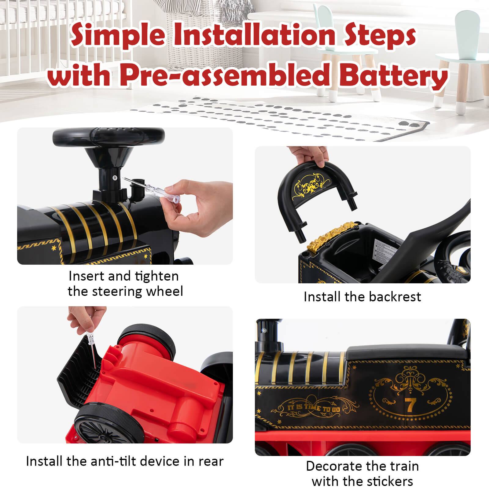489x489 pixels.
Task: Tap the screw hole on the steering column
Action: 113,178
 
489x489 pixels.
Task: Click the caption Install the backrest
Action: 362,297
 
